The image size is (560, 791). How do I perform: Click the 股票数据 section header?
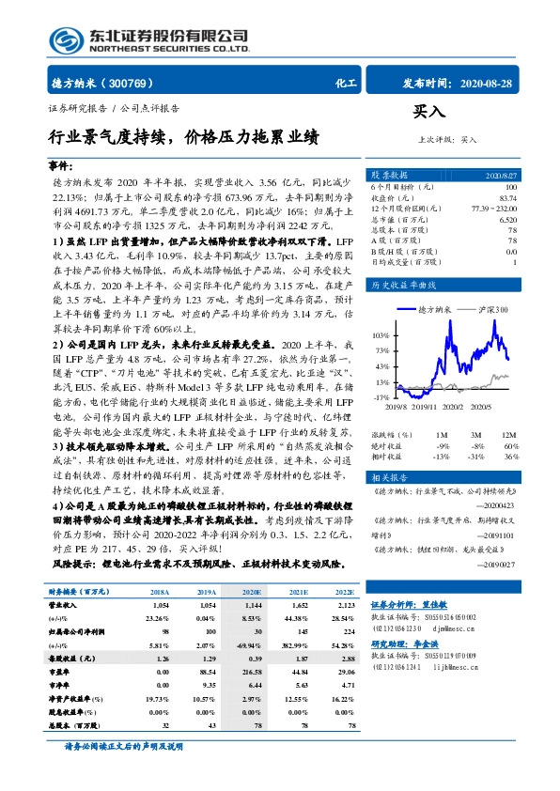pyautogui.click(x=389, y=176)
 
